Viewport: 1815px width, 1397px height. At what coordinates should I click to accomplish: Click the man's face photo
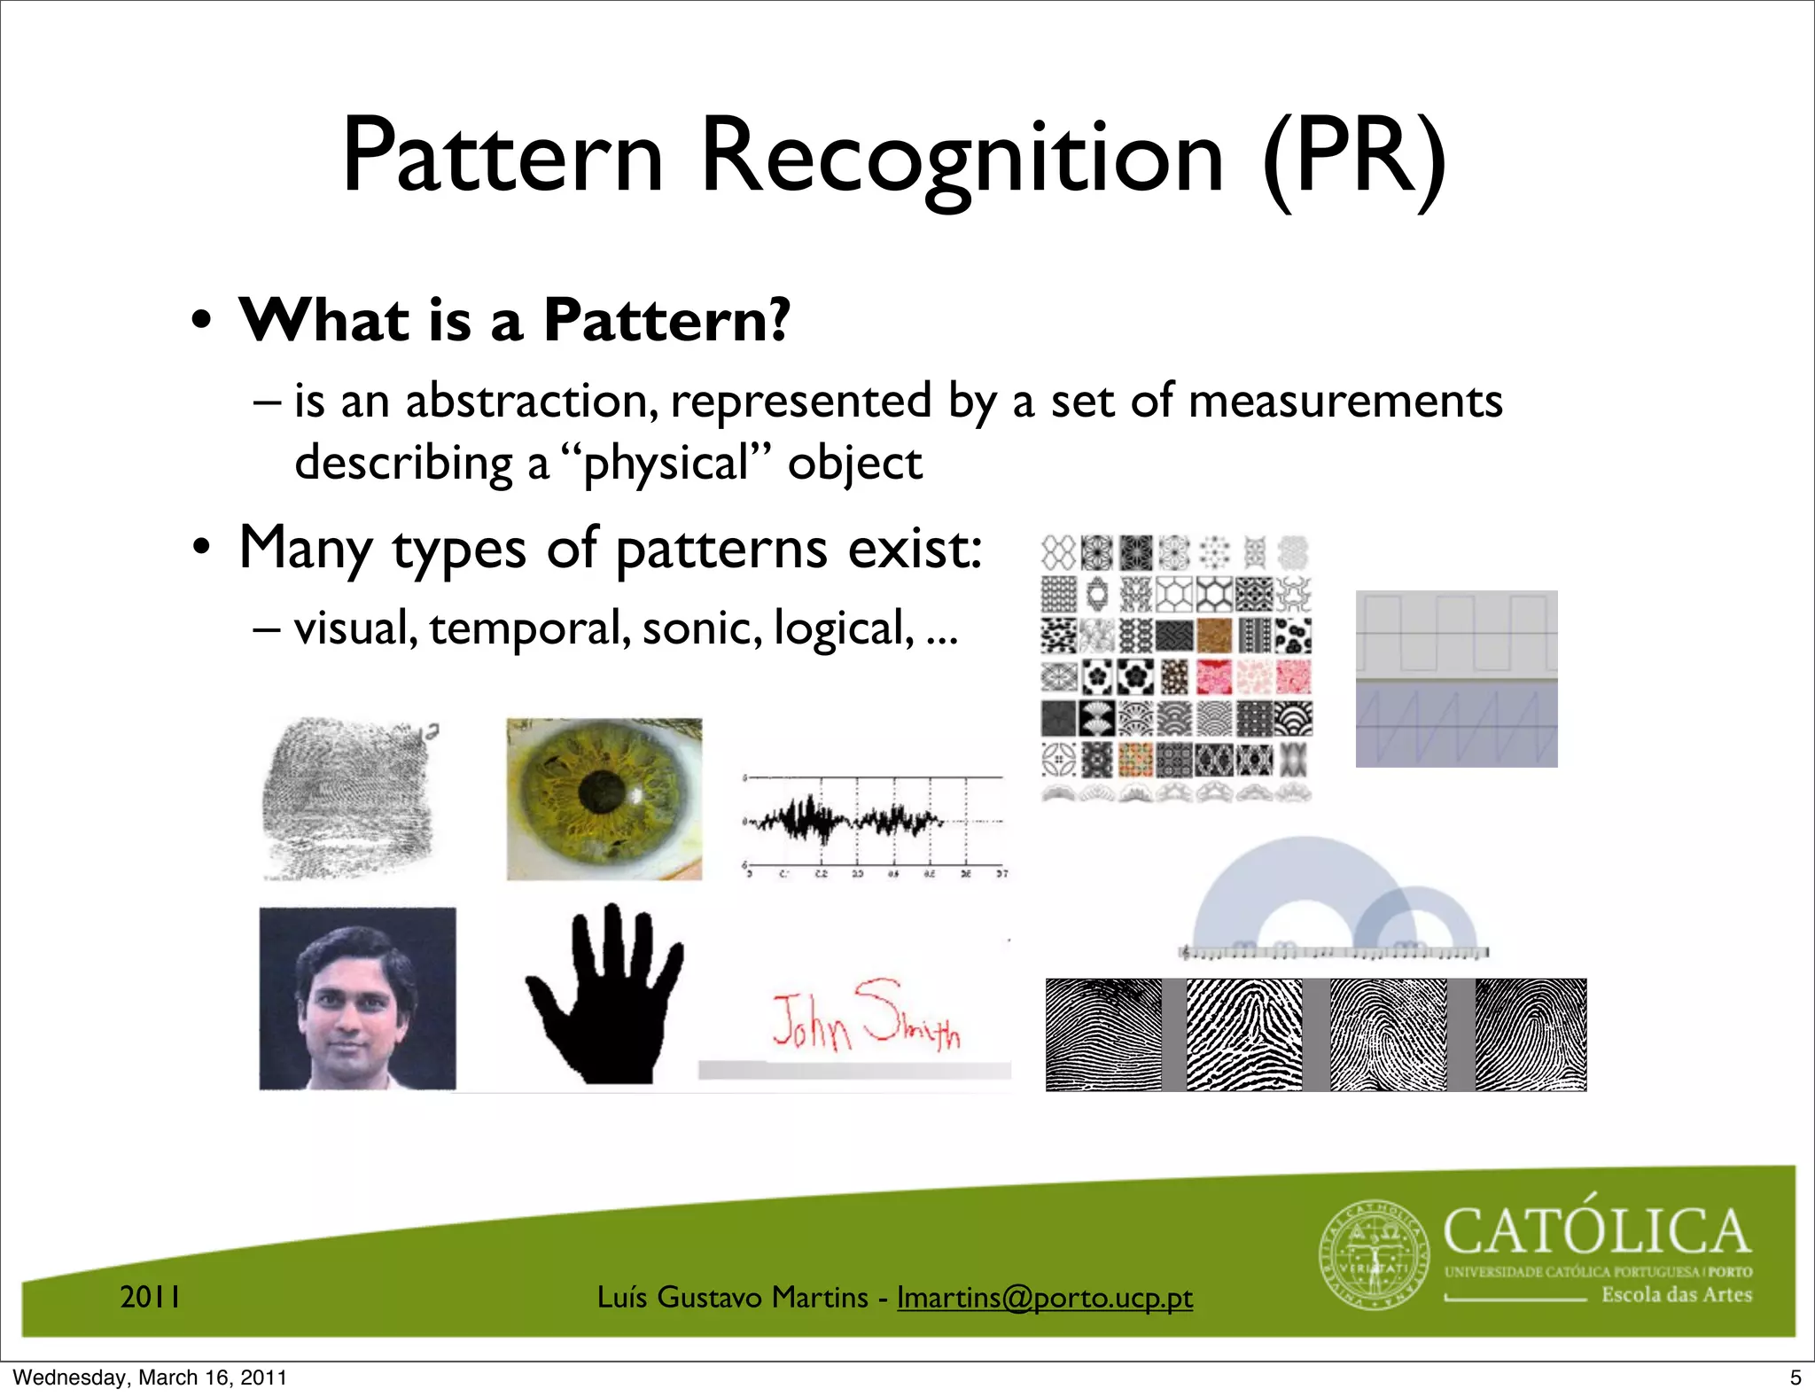[x=357, y=998]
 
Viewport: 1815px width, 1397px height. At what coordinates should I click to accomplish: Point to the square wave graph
[x=1456, y=633]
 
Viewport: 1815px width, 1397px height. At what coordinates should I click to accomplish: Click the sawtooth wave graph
[x=1456, y=725]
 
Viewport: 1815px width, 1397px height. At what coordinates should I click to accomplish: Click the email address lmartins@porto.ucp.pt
[x=1044, y=1298]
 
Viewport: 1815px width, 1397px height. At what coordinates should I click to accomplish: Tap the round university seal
[x=1375, y=1255]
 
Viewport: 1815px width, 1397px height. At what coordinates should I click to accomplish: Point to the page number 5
[x=1796, y=1377]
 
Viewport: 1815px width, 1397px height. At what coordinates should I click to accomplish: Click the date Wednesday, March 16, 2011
[x=150, y=1377]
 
